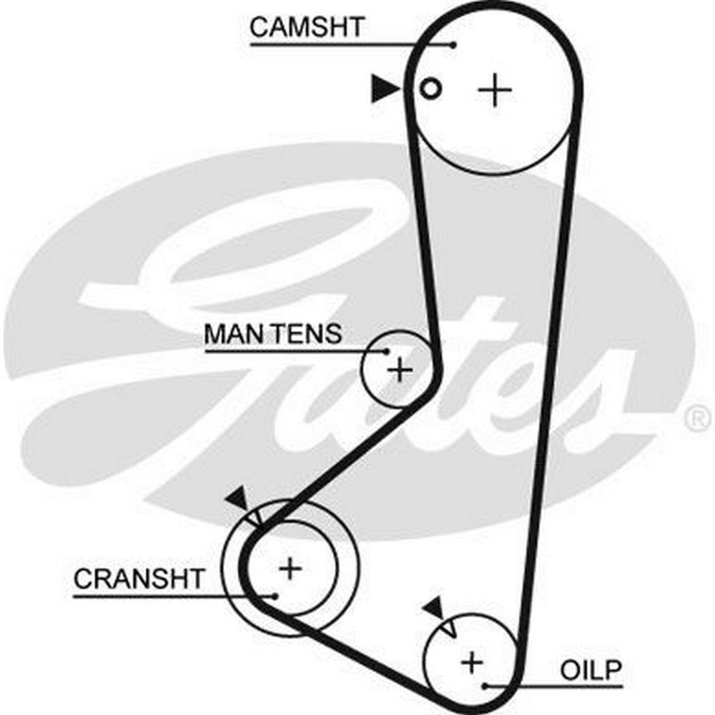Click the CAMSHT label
307,28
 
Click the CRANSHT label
139,578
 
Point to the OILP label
591,671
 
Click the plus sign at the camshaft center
495,91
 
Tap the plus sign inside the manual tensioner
400,370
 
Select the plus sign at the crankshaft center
290,568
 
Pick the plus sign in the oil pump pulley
471,661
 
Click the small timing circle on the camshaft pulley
430,89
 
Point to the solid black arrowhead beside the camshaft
385,89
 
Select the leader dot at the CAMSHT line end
453,44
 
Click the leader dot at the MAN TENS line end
387,351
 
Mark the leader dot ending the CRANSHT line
273,593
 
